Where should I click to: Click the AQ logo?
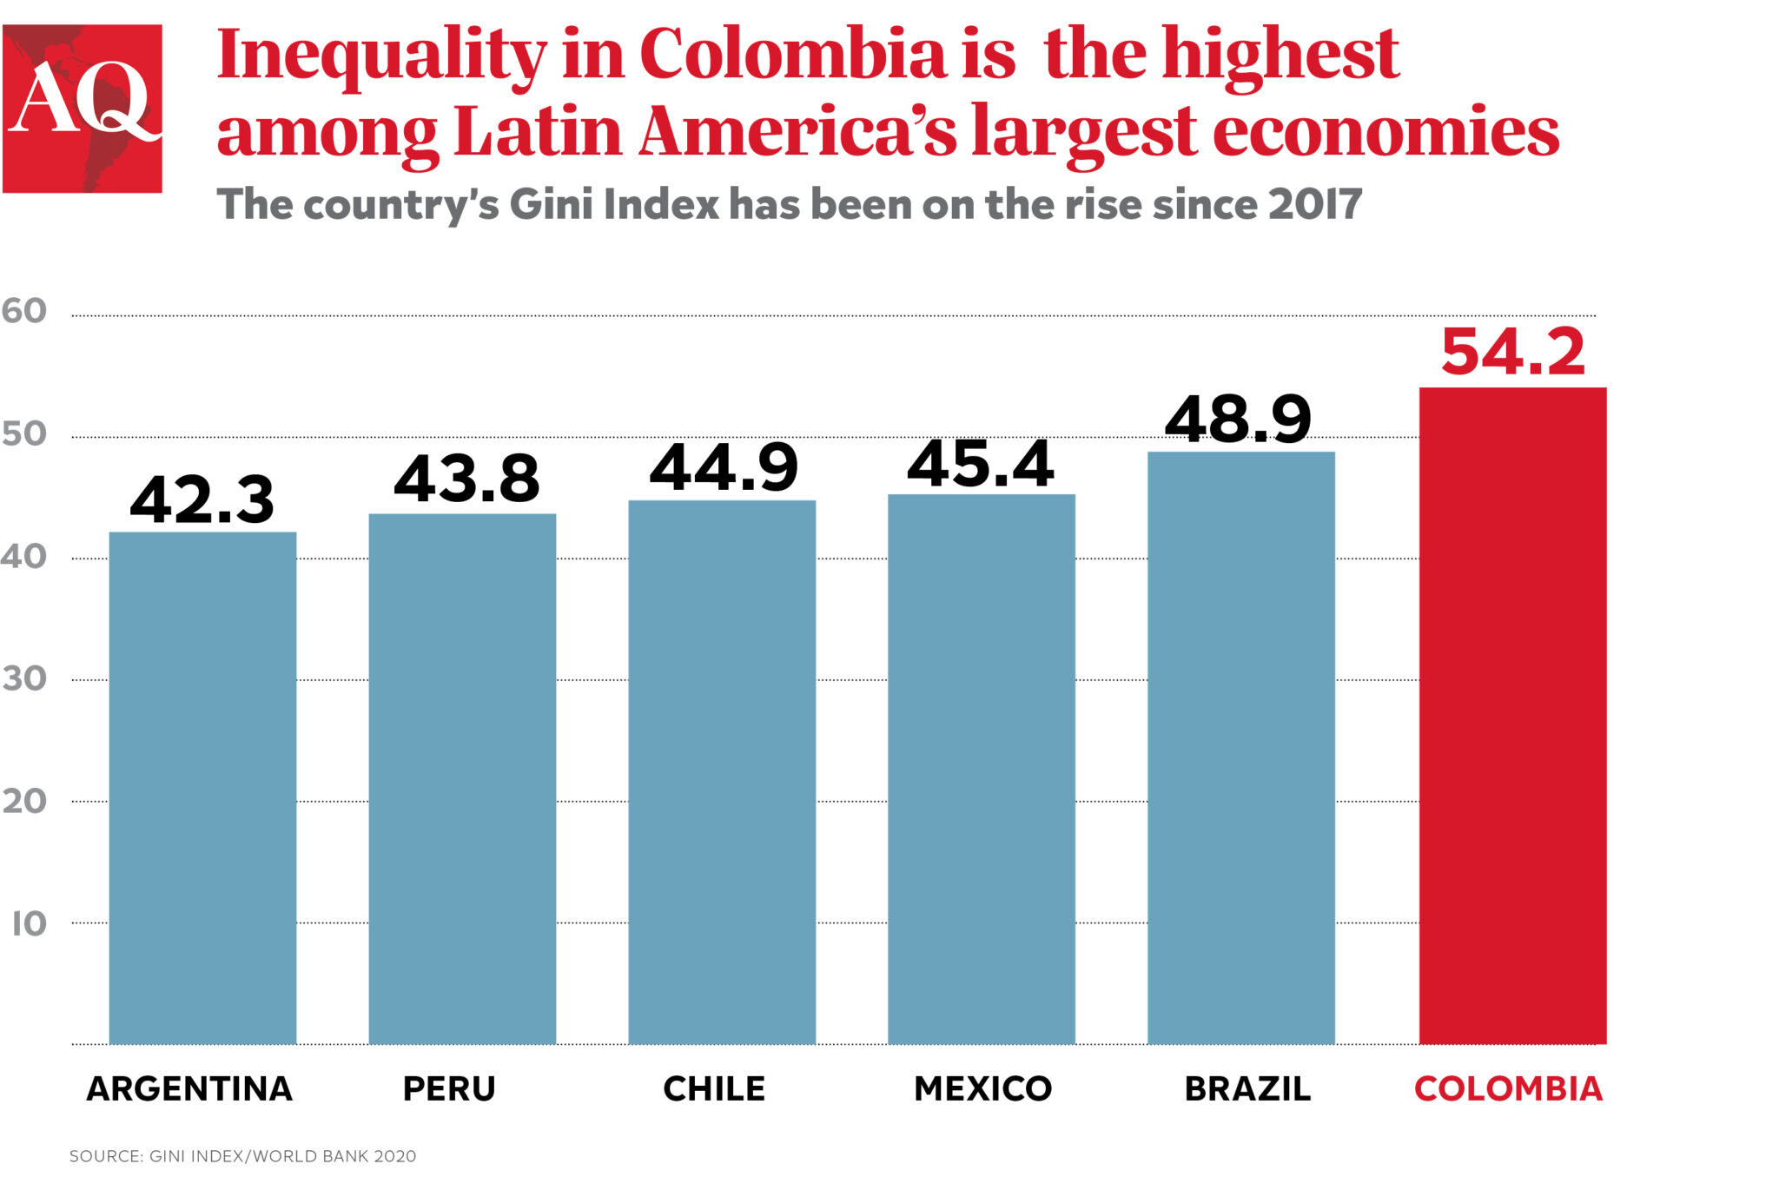[83, 109]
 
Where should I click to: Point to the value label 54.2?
[1512, 353]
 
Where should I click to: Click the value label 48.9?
[1238, 420]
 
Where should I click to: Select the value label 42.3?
[202, 500]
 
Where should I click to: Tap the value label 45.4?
[980, 464]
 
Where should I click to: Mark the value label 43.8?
[466, 479]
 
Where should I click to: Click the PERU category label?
[449, 1088]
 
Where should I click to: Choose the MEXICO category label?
[982, 1088]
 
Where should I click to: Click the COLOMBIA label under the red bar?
[1508, 1088]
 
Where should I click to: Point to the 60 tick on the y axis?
[23, 311]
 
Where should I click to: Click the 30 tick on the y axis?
[23, 678]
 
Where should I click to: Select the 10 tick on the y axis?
[29, 923]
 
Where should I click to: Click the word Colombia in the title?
[792, 54]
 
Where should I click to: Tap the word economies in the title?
[1386, 132]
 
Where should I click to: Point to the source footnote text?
[242, 1156]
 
